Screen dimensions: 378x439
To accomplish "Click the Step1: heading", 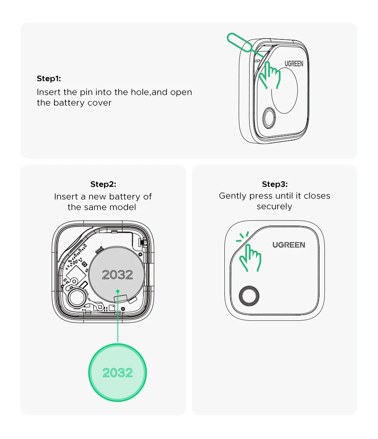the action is click(49, 78).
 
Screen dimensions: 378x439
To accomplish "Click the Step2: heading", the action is click(103, 184).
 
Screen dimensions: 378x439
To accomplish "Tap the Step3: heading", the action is click(275, 184).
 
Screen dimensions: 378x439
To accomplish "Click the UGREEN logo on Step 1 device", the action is click(294, 64).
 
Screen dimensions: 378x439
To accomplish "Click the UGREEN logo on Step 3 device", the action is click(289, 245).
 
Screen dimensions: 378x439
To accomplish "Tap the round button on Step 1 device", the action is click(269, 118).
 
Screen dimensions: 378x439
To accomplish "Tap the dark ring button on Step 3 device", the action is click(249, 296).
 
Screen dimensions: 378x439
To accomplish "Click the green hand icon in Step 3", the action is click(250, 258).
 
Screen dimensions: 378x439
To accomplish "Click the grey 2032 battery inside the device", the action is click(117, 274).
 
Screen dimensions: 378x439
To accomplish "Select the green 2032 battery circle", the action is click(117, 373).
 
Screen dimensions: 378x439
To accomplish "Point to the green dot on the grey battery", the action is click(118, 291).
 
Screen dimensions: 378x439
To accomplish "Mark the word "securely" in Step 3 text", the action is click(274, 206).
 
